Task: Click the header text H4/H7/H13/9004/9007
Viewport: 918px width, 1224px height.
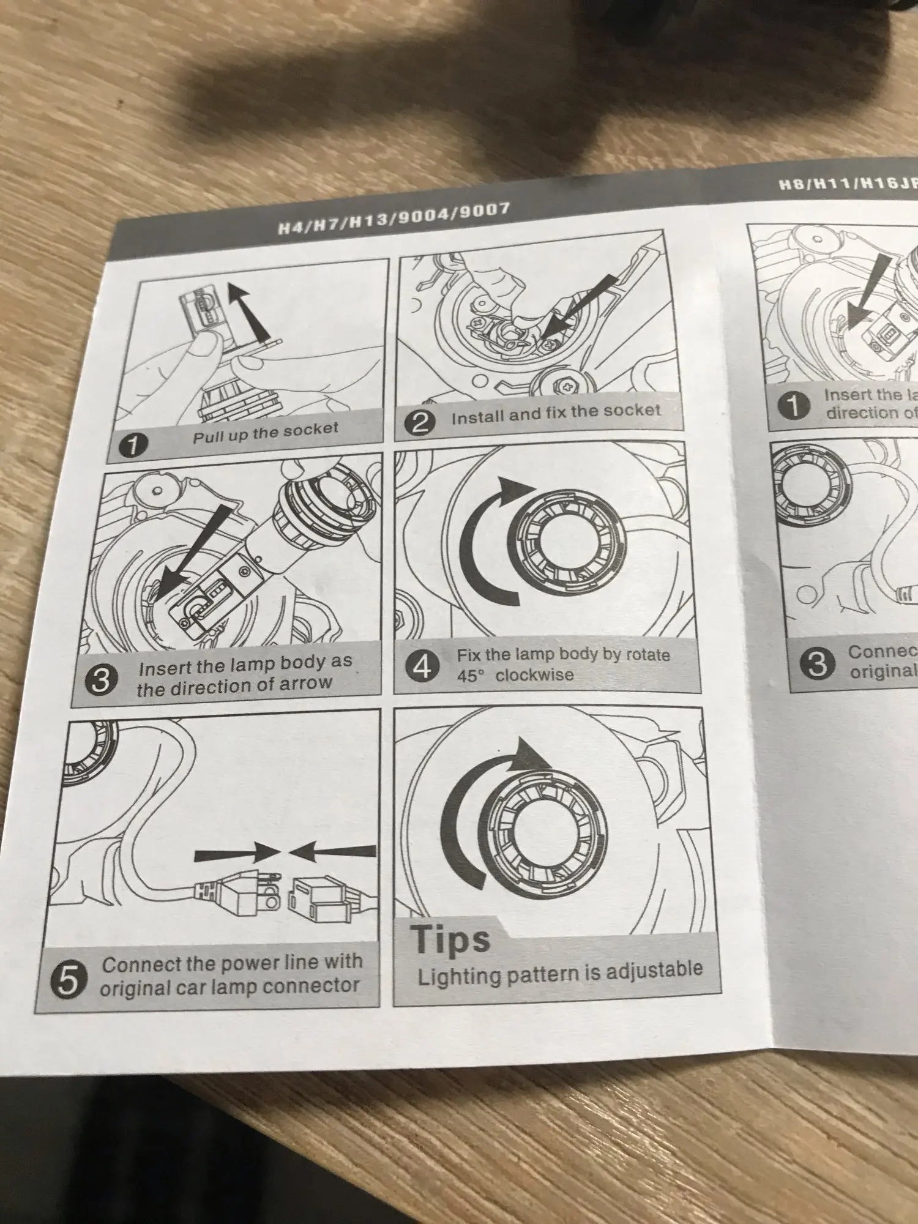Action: (394, 219)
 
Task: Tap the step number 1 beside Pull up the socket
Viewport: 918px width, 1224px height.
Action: (131, 445)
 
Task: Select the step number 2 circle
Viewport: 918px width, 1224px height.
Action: (420, 422)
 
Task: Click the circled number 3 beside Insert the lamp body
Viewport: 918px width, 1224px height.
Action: (100, 680)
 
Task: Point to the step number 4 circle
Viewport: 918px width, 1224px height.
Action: (422, 666)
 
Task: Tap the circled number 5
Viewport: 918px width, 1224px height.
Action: (67, 979)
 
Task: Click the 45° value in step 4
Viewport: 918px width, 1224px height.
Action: (470, 676)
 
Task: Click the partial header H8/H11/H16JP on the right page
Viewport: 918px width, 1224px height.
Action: (848, 182)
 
